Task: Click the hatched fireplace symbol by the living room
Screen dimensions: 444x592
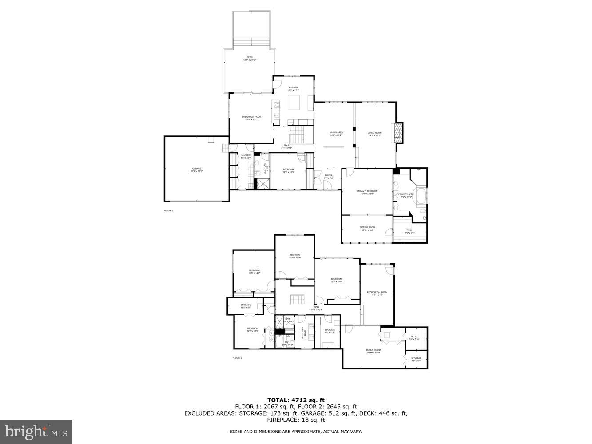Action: coord(399,133)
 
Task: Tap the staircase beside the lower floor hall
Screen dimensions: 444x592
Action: coord(296,300)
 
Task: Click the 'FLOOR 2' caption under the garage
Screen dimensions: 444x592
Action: coord(168,210)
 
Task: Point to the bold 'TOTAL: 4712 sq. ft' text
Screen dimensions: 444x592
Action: coord(296,400)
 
